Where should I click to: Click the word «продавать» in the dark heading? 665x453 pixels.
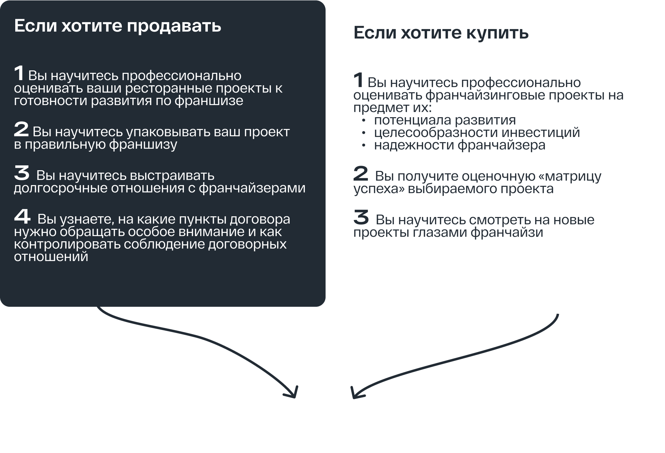point(174,26)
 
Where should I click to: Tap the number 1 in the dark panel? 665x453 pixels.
point(19,73)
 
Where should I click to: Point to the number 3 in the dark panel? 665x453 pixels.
point(22,173)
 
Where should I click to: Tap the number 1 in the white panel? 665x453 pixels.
point(358,80)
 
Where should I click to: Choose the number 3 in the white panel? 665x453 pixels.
point(361,217)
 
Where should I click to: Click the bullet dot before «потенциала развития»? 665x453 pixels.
point(364,121)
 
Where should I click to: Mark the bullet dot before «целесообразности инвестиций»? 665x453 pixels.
point(364,133)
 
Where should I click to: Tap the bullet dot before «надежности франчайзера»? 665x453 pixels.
point(364,146)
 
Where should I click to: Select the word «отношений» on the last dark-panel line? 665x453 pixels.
point(51,257)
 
